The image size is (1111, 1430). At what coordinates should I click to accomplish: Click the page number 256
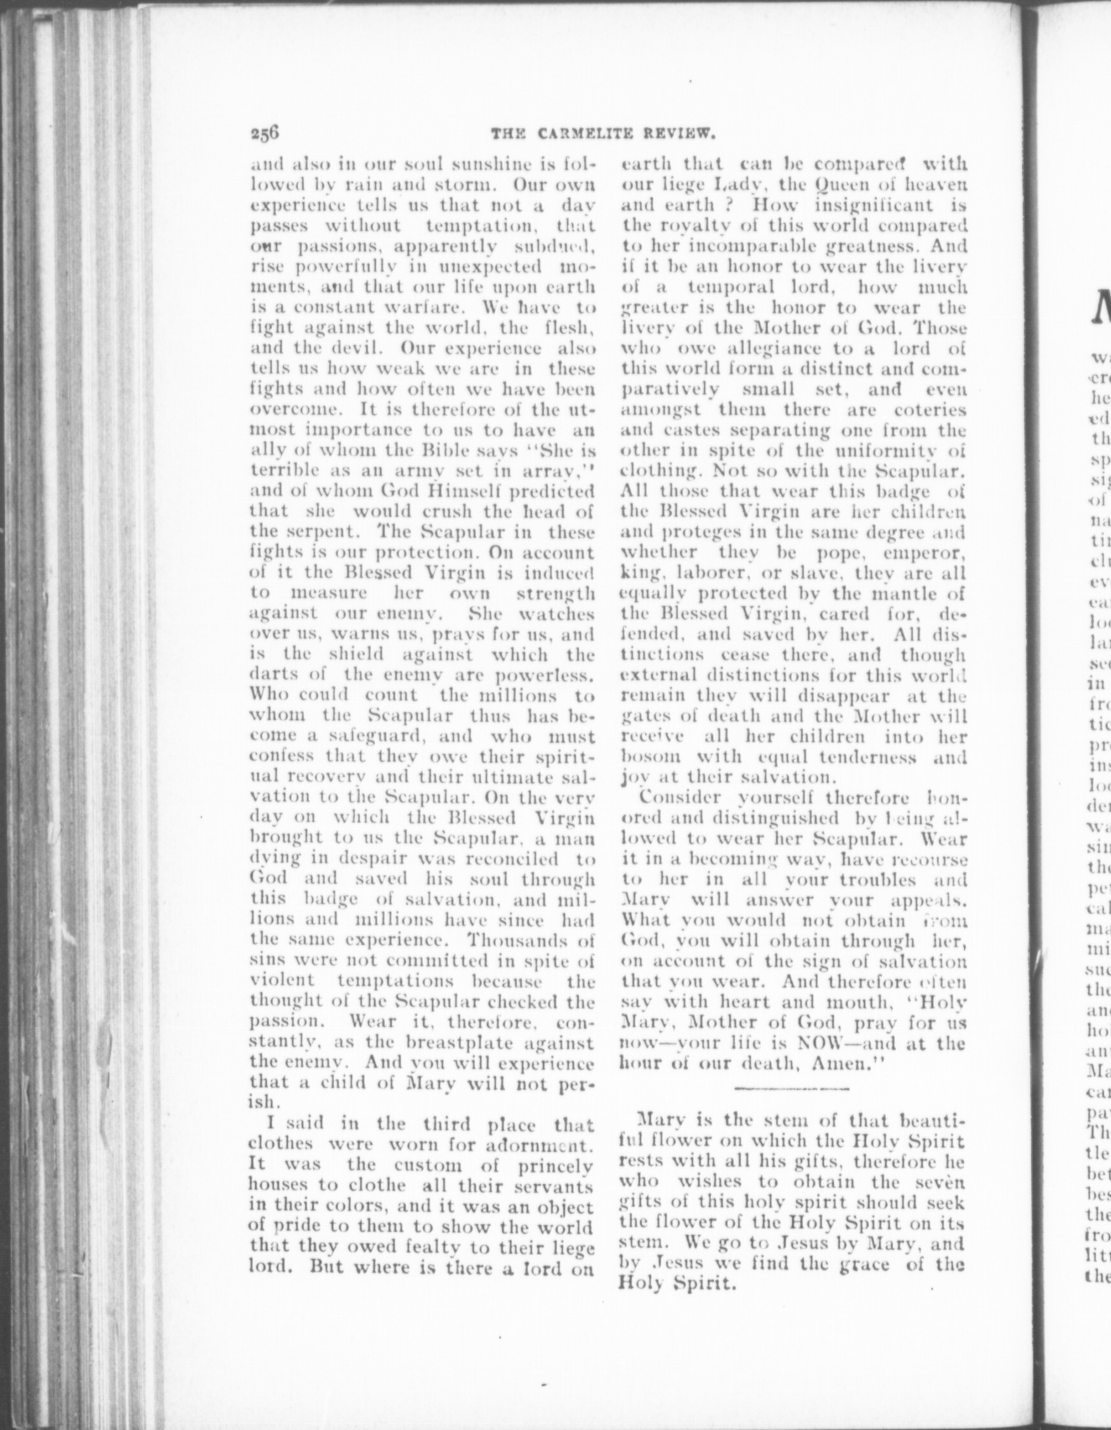tap(264, 134)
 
